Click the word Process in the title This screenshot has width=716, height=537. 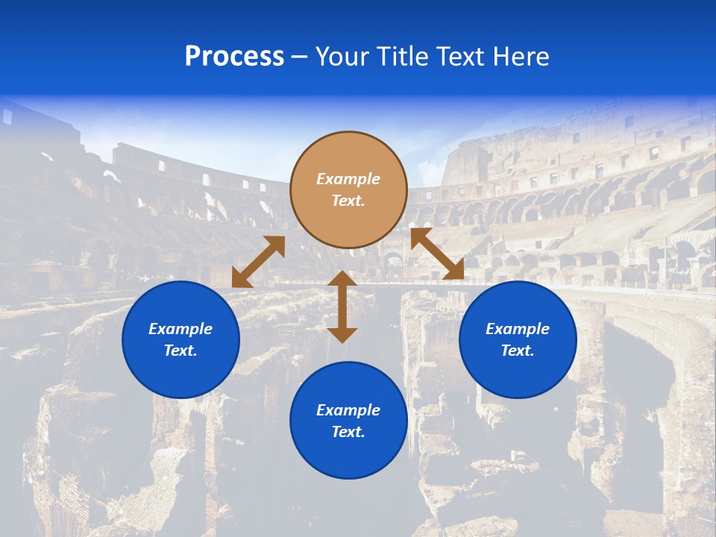tap(234, 57)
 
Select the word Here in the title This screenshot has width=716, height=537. tap(521, 57)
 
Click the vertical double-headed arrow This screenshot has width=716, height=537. tap(342, 307)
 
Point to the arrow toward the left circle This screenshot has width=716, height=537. tap(258, 261)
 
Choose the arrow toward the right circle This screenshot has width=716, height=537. tap(438, 254)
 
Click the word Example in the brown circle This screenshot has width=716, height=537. tap(348, 179)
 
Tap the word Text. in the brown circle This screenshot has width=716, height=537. tap(348, 201)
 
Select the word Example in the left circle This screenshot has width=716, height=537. tap(180, 329)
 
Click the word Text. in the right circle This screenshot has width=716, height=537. tap(518, 351)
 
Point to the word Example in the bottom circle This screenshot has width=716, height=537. tap(348, 410)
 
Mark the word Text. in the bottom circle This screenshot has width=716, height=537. tap(348, 432)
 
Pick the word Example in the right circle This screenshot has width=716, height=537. tap(518, 329)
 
